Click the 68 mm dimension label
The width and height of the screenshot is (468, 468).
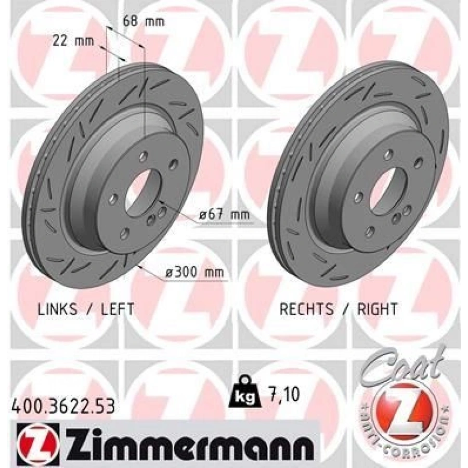tap(144, 22)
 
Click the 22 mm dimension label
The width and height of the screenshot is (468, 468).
tap(73, 41)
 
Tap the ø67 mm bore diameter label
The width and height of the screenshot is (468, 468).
tap(224, 215)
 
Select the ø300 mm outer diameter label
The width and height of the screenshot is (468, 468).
tap(194, 272)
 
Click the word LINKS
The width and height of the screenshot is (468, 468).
tap(57, 309)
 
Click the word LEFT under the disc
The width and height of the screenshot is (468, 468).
tap(118, 309)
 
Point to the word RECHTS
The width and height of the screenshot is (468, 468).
tap(306, 309)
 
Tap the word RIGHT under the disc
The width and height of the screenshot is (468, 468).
tap(378, 309)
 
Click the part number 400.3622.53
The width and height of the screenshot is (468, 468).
tap(63, 407)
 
